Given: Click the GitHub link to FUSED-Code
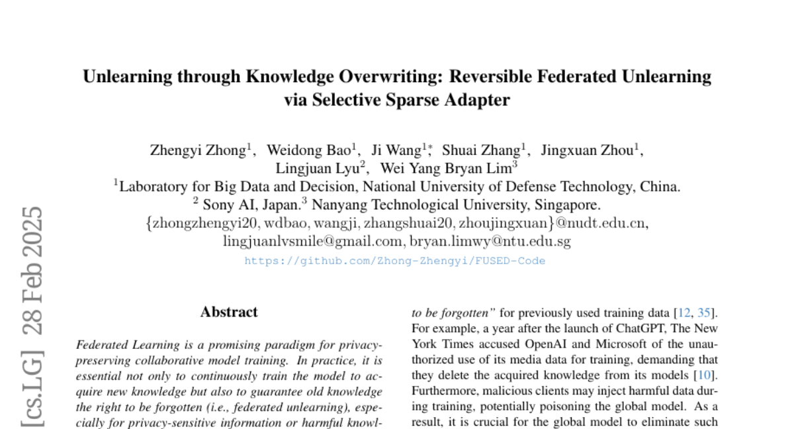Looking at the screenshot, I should tap(394, 261).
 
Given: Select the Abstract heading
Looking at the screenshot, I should tap(229, 312).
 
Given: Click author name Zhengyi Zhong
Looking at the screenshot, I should tap(198, 150).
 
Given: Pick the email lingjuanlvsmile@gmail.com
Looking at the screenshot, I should tap(312, 242).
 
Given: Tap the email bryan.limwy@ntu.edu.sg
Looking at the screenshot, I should tap(490, 242).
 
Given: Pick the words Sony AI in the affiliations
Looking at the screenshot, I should tap(226, 205).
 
